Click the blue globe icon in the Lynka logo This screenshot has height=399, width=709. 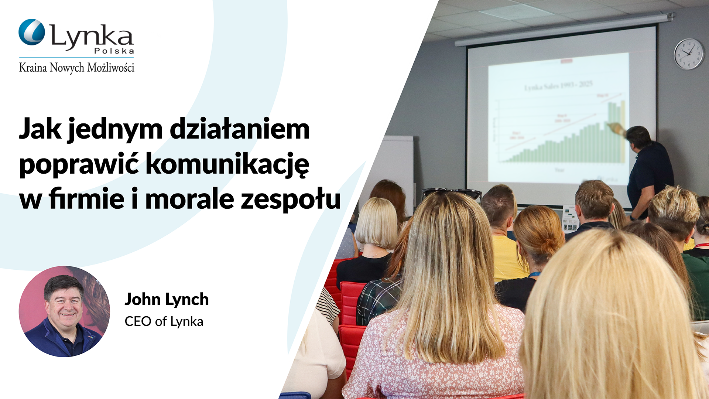click(32, 32)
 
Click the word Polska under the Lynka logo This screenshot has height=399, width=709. click(114, 51)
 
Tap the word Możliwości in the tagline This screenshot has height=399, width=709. click(110, 68)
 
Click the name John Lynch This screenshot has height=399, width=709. click(167, 299)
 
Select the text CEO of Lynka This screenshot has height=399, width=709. click(164, 321)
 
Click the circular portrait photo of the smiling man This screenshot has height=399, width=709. click(64, 311)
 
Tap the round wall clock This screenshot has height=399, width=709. click(689, 54)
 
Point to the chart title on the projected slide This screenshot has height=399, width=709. click(558, 86)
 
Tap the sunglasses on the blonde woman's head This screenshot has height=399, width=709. click(451, 192)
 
